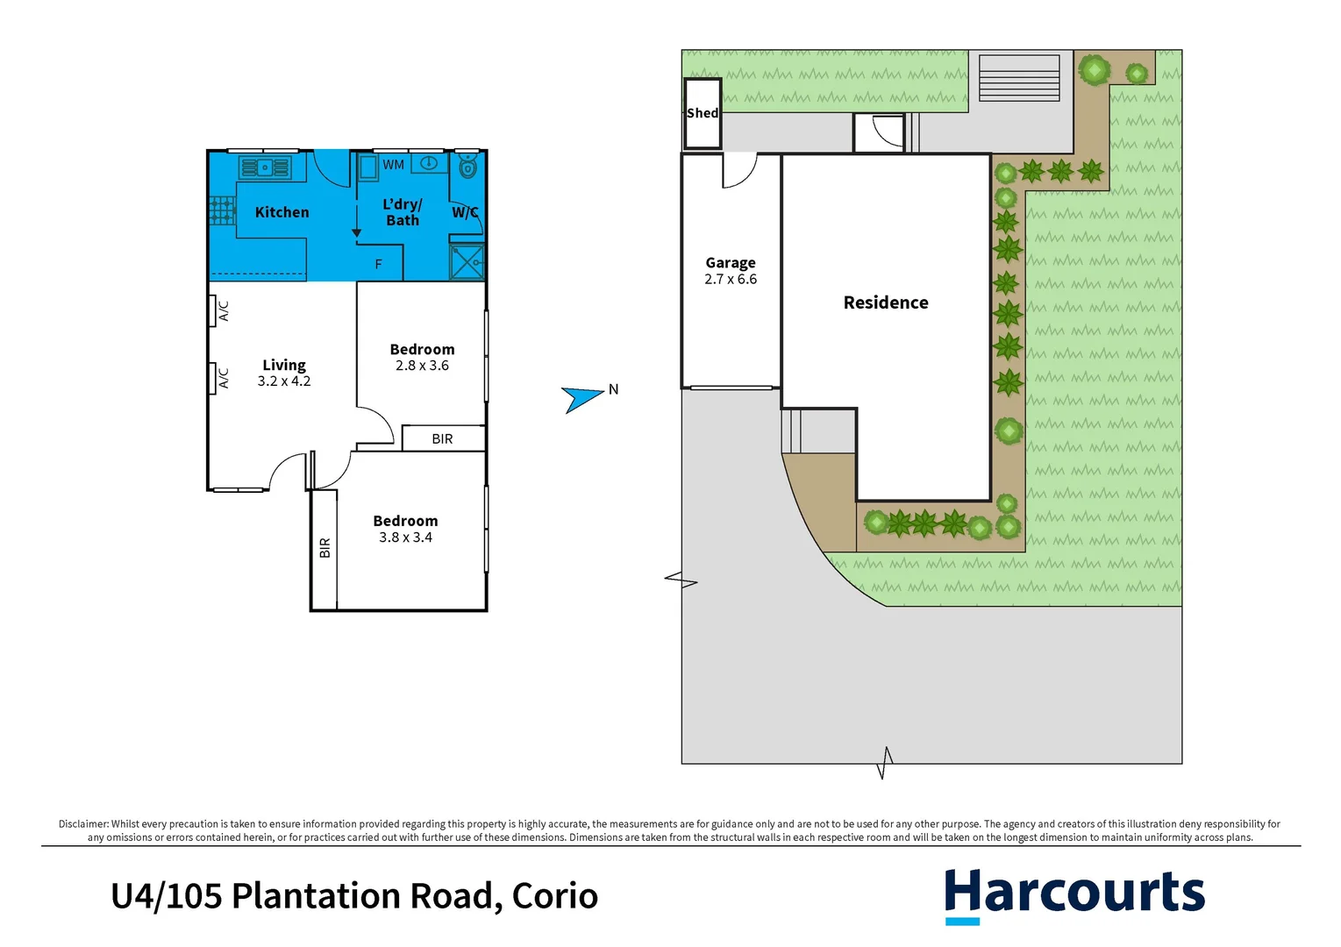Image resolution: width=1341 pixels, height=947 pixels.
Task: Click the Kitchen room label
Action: tap(282, 212)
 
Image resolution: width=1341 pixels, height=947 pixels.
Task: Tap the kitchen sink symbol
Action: tap(264, 167)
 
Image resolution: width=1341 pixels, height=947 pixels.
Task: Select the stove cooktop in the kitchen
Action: tap(222, 210)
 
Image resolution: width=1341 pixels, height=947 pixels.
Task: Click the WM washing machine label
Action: tap(394, 165)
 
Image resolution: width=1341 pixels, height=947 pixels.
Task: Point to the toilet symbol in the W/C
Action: tap(467, 165)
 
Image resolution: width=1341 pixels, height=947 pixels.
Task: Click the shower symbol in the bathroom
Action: tap(467, 262)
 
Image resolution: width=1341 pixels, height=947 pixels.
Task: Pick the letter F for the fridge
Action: tap(379, 264)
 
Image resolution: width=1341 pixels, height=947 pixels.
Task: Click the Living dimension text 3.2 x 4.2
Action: tap(284, 381)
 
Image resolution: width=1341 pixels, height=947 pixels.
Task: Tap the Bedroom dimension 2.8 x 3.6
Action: tap(422, 366)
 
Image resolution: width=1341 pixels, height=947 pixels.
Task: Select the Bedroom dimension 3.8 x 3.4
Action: tap(405, 538)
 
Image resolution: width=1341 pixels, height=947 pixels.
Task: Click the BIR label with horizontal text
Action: tap(442, 438)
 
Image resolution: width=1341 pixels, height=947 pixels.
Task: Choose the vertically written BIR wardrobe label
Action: tap(325, 548)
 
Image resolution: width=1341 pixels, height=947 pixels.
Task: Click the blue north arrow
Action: tap(581, 398)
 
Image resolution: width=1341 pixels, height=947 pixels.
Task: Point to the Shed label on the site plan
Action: tap(702, 113)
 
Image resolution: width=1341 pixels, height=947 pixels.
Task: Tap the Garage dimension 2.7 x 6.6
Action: tap(731, 280)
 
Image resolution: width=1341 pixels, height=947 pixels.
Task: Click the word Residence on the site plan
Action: tap(886, 303)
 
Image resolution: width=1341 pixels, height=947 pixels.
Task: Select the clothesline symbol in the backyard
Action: tap(1018, 78)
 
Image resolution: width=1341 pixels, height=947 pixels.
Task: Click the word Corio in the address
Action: tap(554, 896)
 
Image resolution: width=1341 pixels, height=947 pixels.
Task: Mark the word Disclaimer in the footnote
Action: tap(83, 824)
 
